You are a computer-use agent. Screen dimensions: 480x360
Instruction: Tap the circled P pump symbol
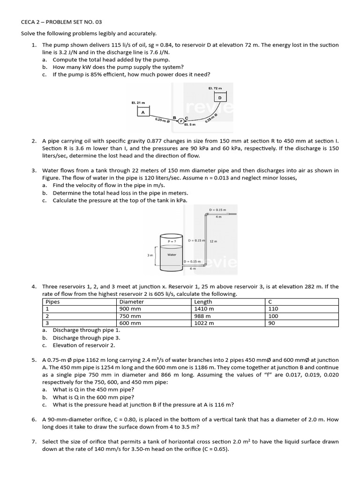click(181, 121)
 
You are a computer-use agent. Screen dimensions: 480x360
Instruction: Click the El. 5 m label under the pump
click(190, 125)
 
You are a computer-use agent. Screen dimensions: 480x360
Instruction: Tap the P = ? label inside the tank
click(172, 241)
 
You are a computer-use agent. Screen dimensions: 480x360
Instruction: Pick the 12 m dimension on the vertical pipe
click(212, 241)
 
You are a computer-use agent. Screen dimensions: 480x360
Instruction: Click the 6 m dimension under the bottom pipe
click(192, 269)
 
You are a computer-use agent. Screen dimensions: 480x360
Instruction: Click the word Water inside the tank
click(172, 254)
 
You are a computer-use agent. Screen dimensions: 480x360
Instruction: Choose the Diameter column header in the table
click(132, 302)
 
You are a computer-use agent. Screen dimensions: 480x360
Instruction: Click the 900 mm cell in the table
click(130, 309)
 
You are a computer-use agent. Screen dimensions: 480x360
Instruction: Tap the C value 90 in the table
click(271, 323)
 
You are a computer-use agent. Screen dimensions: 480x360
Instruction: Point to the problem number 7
click(34, 442)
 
